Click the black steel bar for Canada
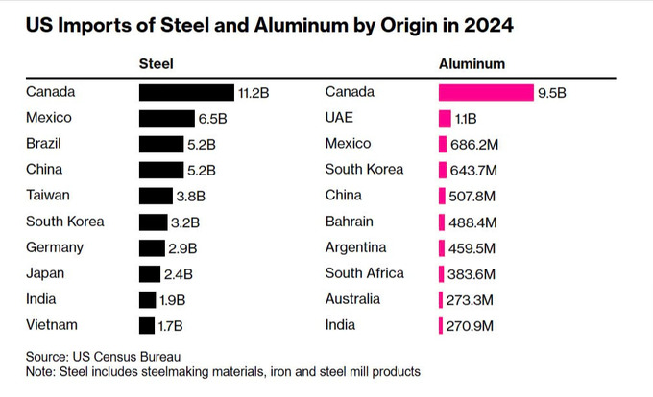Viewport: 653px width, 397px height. [186, 92]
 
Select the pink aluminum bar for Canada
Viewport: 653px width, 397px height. [486, 92]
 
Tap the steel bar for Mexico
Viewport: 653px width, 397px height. [166, 118]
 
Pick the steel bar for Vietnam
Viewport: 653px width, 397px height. [147, 325]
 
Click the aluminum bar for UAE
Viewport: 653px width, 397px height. [445, 118]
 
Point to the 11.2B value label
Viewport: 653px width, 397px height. [254, 92]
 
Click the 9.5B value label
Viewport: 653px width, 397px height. [552, 92]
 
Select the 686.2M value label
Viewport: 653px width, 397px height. [474, 144]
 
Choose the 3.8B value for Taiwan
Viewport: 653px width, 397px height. [190, 196]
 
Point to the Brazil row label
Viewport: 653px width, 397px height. [46, 144]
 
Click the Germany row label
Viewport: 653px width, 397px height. [56, 247]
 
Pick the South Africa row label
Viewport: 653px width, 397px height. [364, 273]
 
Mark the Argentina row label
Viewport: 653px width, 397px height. [357, 247]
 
